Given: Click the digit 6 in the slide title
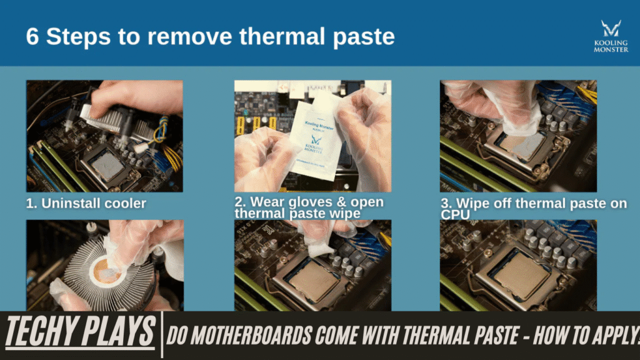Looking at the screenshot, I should pyautogui.click(x=32, y=36).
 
